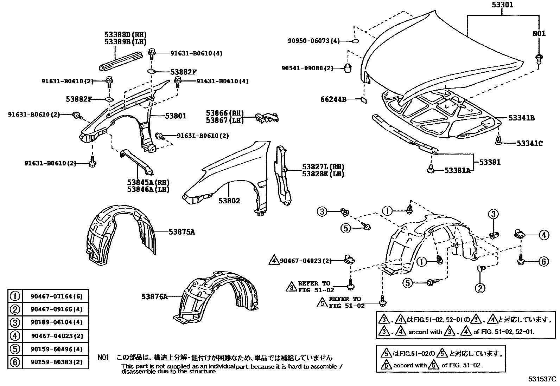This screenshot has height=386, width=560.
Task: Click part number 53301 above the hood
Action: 502,5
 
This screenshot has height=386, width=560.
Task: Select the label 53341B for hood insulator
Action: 521,118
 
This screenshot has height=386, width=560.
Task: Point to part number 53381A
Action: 457,171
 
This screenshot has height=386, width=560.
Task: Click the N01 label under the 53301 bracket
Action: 539,33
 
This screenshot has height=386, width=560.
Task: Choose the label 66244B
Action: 333,99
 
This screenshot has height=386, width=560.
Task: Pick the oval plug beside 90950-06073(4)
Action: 355,41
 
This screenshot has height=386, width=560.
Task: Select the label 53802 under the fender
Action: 229,201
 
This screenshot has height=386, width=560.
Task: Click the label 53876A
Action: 154,296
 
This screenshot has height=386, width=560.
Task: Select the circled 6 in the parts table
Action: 15,362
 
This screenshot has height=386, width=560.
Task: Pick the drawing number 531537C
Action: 542,379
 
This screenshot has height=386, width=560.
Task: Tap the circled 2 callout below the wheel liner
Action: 480,288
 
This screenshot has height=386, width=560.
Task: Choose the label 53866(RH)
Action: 225,113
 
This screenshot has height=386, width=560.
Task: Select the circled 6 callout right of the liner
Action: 544,261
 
